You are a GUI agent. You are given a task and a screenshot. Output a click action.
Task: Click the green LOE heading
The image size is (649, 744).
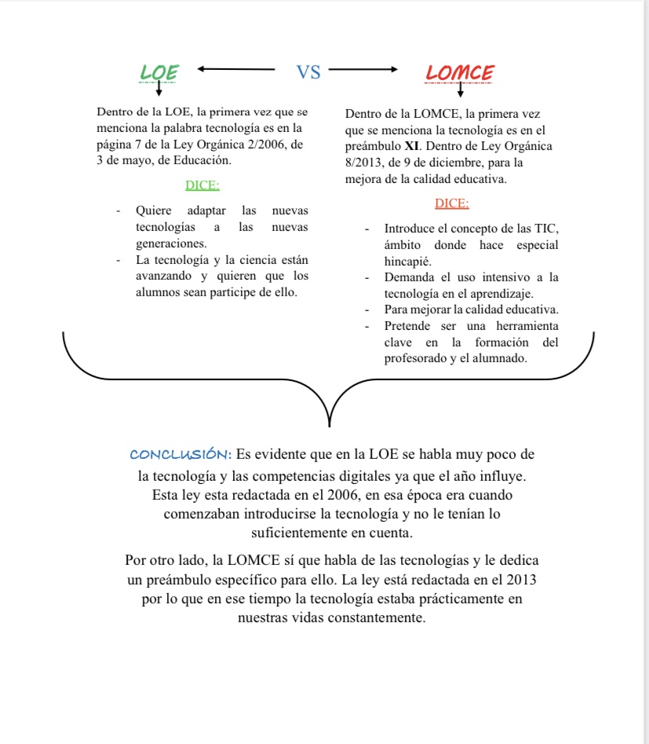pos(159,72)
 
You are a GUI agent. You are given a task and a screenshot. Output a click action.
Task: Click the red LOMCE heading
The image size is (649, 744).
pos(459,73)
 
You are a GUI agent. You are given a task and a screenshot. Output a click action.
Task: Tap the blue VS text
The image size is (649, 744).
pos(309,72)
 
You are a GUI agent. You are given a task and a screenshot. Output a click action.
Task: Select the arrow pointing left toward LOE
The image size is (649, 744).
pos(236,69)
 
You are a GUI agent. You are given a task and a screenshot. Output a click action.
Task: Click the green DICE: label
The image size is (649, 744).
pos(202,185)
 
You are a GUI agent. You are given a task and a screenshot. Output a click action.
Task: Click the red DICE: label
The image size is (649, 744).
pos(451,203)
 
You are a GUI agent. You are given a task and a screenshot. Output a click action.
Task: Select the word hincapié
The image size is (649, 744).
pos(408,260)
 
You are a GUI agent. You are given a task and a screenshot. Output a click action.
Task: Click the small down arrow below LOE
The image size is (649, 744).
pos(159,90)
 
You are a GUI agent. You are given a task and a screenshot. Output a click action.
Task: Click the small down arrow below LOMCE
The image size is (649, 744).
pos(461,90)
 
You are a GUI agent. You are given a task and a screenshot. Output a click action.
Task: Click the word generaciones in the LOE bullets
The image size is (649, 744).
pos(171,244)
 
